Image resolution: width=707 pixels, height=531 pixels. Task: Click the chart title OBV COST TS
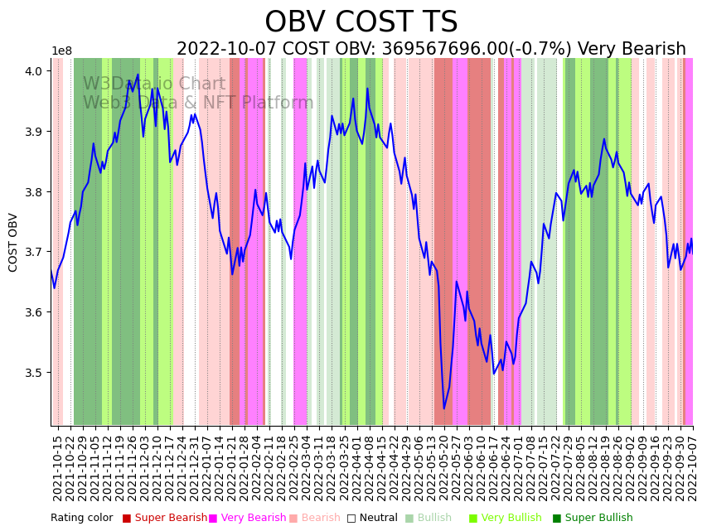coord(361,22)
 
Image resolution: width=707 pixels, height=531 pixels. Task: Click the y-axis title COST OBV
coord(13,242)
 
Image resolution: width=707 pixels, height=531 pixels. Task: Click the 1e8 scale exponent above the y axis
coord(61,51)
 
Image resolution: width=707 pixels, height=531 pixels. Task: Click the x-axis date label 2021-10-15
coord(58,468)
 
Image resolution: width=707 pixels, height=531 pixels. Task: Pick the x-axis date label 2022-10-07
coord(692,468)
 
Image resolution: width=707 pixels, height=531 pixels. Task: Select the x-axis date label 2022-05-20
coord(443,468)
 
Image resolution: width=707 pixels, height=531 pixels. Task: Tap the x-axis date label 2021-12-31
coord(193,468)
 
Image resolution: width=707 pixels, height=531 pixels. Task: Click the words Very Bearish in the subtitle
coord(632,50)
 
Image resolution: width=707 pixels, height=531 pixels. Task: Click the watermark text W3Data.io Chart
coord(154,84)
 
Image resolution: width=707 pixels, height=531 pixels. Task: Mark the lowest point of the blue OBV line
coord(443,408)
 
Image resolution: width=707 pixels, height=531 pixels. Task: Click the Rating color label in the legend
coord(81,518)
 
